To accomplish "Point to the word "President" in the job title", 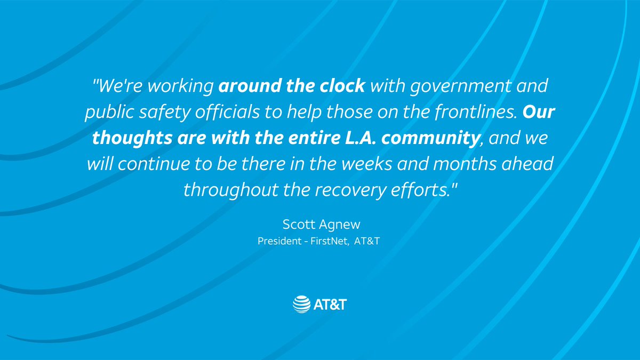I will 278,241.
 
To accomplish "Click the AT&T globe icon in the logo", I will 301,303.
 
